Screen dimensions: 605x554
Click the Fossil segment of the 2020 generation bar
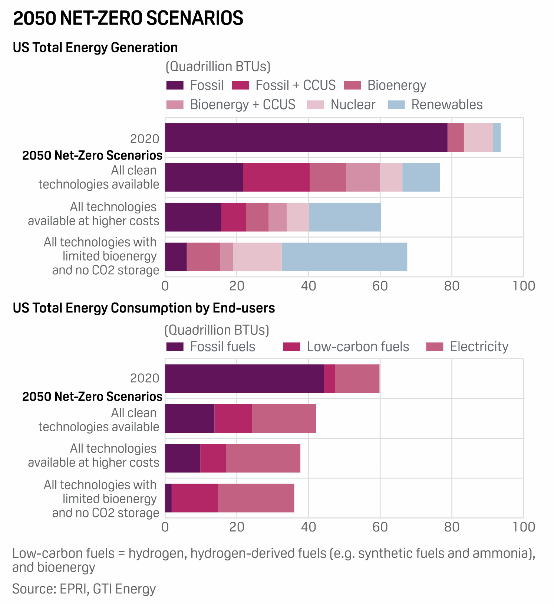[306, 138]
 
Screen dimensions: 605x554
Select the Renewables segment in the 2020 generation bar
[497, 138]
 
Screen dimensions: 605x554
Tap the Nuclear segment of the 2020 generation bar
[478, 138]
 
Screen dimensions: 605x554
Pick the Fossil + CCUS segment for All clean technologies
[276, 177]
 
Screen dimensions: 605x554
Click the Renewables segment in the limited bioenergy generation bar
[344, 257]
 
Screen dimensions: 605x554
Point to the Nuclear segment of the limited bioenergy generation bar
[257, 257]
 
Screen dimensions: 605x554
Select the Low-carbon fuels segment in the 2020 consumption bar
[329, 379]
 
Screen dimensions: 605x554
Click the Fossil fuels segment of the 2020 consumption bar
[244, 379]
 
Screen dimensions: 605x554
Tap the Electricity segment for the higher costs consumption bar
[263, 458]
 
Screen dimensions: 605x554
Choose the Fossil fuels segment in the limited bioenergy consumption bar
[168, 498]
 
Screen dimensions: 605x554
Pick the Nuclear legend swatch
[316, 105]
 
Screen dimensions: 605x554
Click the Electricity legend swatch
[435, 347]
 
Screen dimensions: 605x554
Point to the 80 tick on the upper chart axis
[452, 286]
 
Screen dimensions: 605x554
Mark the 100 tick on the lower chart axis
[523, 527]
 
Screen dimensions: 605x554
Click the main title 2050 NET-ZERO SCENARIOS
[128, 18]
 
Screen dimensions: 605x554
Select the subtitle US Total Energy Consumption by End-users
[144, 308]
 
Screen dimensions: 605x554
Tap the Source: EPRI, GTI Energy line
[84, 589]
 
